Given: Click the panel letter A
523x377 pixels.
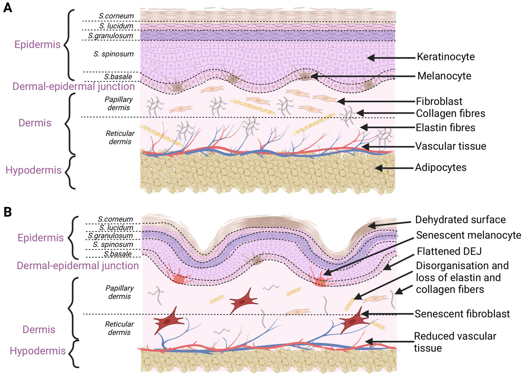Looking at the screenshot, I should pyautogui.click(x=7, y=7).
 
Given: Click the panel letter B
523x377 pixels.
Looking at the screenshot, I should pyautogui.click(x=7, y=212).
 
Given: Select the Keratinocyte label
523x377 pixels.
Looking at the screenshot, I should pyautogui.click(x=446, y=57).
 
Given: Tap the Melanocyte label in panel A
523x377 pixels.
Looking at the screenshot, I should pyautogui.click(x=444, y=76).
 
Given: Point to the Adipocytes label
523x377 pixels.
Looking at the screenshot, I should pyautogui.click(x=441, y=168).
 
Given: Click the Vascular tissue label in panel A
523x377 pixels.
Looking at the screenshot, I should pyautogui.click(x=450, y=146).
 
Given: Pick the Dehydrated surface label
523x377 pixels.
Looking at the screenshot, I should pyautogui.click(x=460, y=220).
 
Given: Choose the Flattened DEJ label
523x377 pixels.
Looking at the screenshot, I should pyautogui.click(x=449, y=252).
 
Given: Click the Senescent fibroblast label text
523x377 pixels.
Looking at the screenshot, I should pyautogui.click(x=462, y=314).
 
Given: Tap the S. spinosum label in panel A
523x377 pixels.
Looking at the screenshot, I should pyautogui.click(x=113, y=54).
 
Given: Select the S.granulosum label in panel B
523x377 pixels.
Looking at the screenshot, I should pyautogui.click(x=110, y=236).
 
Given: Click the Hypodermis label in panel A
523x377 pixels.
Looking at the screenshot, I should pyautogui.click(x=33, y=170).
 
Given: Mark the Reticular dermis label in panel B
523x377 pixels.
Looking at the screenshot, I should pyautogui.click(x=119, y=328).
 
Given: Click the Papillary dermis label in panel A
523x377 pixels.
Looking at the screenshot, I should pyautogui.click(x=119, y=104).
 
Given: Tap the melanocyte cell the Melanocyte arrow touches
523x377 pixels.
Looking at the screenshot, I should pyautogui.click(x=304, y=76).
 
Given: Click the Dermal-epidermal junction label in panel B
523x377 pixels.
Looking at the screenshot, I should pyautogui.click(x=78, y=266).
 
